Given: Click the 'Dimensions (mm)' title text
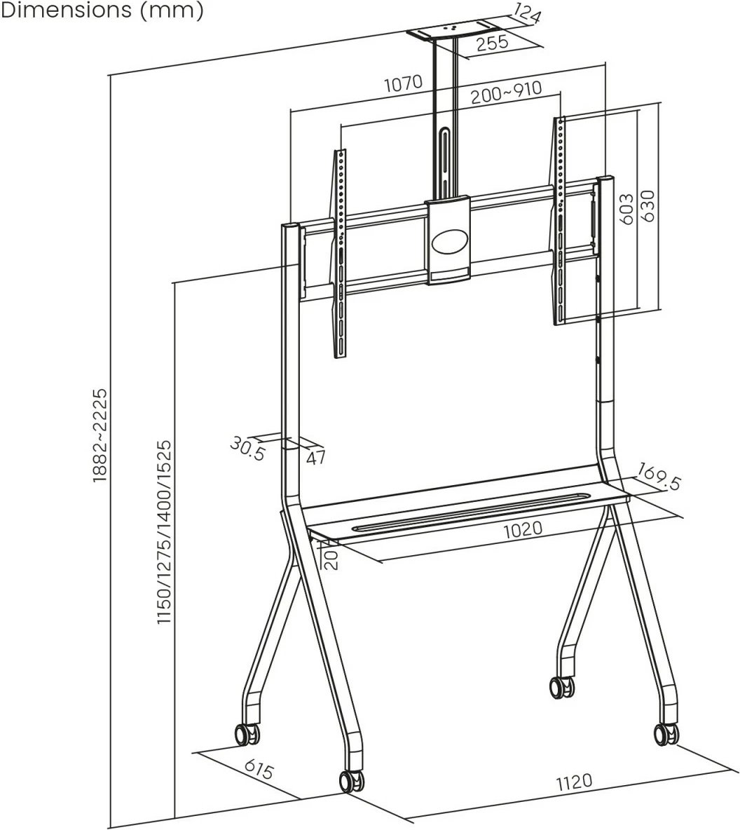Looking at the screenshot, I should click(102, 11).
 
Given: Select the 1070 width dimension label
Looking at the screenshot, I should click(403, 84).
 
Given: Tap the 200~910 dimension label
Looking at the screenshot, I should click(506, 91).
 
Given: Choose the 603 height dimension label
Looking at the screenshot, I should click(626, 209).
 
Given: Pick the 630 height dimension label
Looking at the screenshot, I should click(648, 206).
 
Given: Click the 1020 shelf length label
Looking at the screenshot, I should click(522, 529).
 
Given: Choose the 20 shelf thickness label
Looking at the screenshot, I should click(332, 559).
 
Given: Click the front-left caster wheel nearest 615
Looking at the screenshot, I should click(352, 781).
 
